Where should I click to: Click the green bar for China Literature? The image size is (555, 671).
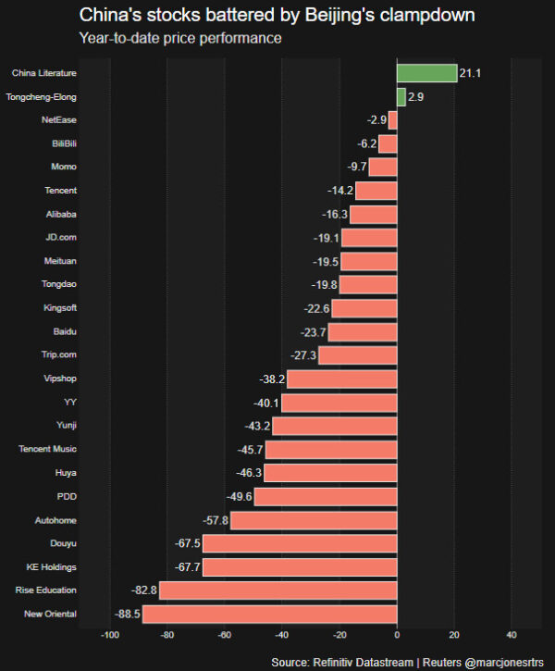[426, 73]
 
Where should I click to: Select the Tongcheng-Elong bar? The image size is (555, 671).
[401, 96]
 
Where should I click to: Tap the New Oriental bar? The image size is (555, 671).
[269, 614]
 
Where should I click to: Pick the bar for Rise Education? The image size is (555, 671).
[277, 590]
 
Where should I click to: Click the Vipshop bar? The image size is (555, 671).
[341, 379]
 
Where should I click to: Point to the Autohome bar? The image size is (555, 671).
[314, 520]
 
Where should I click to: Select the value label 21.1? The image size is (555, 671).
[471, 73]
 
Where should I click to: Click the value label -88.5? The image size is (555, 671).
[127, 614]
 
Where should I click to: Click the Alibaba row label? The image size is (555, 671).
[60, 214]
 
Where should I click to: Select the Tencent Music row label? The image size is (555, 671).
[48, 450]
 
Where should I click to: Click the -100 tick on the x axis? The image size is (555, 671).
[109, 635]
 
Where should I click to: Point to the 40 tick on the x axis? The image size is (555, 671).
[512, 635]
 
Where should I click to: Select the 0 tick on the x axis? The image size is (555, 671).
[397, 635]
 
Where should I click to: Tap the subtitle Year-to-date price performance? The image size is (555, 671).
[180, 39]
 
